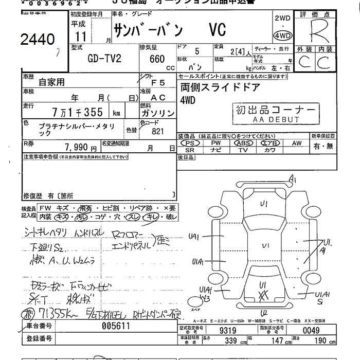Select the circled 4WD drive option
(x=282, y=36)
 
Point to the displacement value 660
(x=157, y=59)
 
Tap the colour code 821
(x=158, y=131)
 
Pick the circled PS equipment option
(x=191, y=143)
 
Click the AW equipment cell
(x=297, y=143)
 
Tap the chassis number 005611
(x=115, y=326)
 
